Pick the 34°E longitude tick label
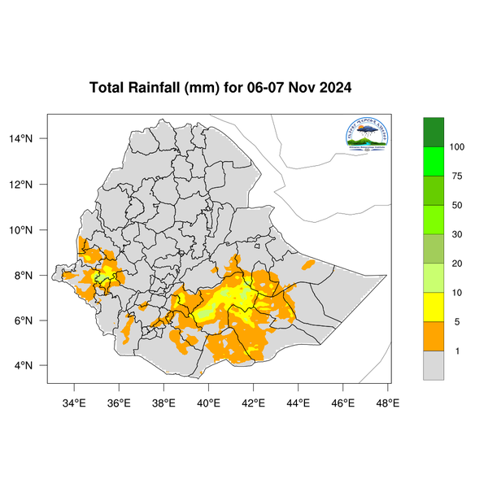point(74,402)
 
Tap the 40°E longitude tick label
point(209,402)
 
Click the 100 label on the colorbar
point(456,147)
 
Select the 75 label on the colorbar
point(456,176)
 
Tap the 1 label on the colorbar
point(456,351)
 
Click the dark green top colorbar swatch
point(434,132)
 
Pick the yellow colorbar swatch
point(434,307)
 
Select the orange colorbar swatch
point(434,337)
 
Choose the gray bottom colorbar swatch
point(434,365)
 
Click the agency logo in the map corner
point(368,134)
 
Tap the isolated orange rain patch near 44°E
point(308,265)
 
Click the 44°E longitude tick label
point(298,402)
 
